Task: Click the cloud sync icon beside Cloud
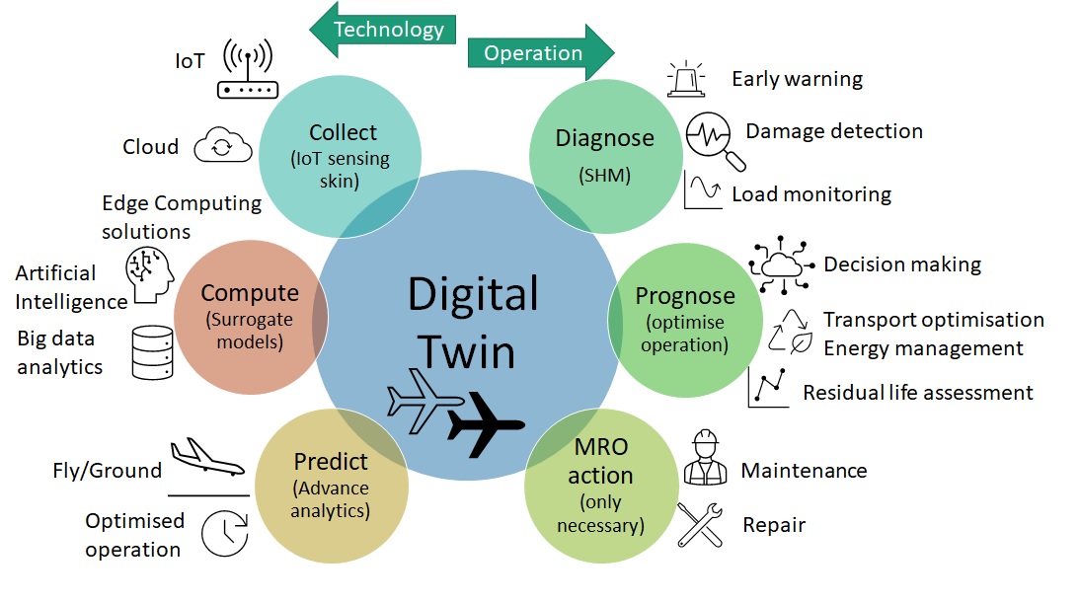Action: pyautogui.click(x=222, y=146)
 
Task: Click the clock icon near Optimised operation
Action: pyautogui.click(x=224, y=534)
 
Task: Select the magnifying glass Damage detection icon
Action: pyautogui.click(x=711, y=137)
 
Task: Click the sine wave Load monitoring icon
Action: pyautogui.click(x=705, y=188)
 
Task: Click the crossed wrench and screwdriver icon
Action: pyautogui.click(x=701, y=524)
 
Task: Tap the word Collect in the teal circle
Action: pyautogui.click(x=343, y=132)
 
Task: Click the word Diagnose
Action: pyautogui.click(x=604, y=138)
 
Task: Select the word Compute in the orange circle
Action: pyautogui.click(x=249, y=293)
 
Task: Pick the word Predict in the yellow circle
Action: pyautogui.click(x=330, y=462)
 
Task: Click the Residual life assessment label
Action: pyautogui.click(x=917, y=393)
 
